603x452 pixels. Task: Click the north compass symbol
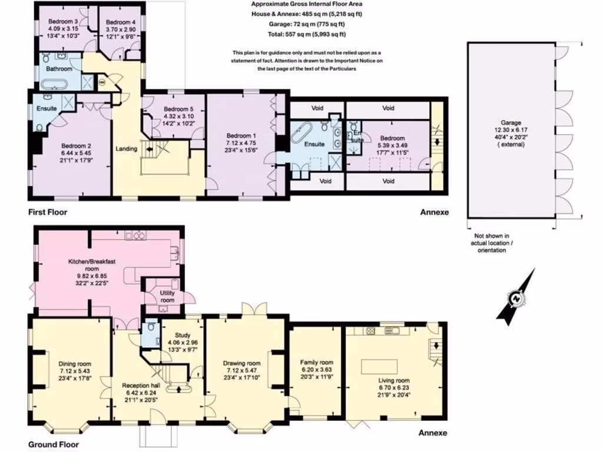click(516, 298)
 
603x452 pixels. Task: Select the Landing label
click(127, 149)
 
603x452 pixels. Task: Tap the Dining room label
click(75, 364)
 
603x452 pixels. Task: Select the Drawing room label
click(242, 364)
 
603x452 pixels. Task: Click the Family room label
click(316, 363)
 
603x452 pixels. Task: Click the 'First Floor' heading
click(47, 212)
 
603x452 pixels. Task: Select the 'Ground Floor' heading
click(52, 445)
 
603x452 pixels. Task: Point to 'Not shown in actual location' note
click(491, 238)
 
